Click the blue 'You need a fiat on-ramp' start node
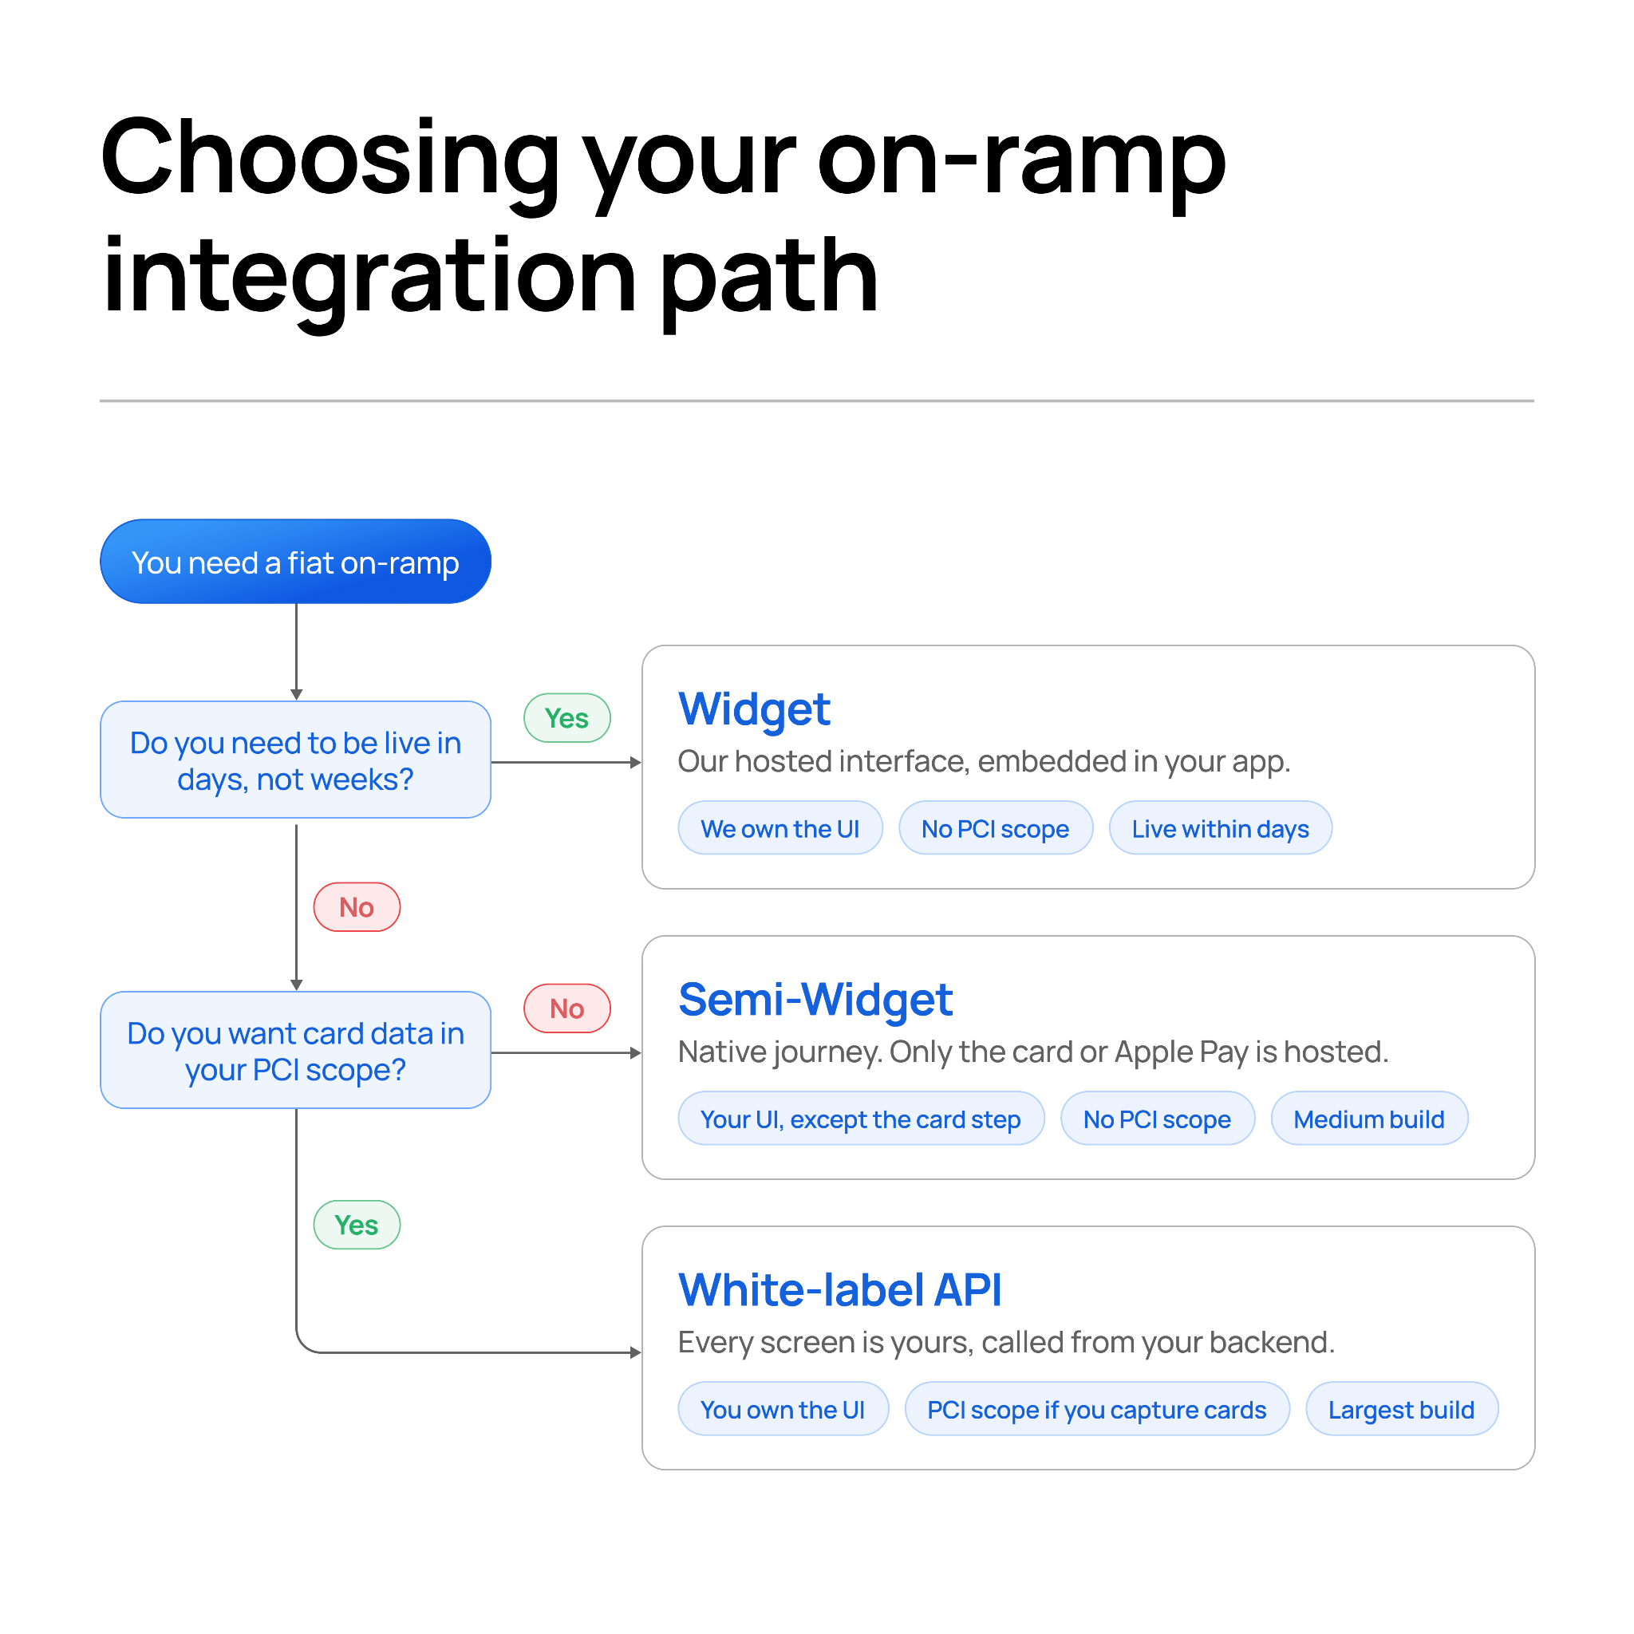[x=295, y=562]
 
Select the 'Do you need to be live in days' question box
[x=295, y=760]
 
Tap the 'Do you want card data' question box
[x=295, y=1050]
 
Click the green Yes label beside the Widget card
[x=566, y=718]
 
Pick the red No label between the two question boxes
[x=357, y=907]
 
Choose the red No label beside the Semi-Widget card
[x=566, y=1008]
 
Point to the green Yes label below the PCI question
[x=357, y=1225]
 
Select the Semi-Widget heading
[x=815, y=999]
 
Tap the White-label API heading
[x=840, y=1290]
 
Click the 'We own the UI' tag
[x=780, y=828]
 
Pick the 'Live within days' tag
[x=1221, y=828]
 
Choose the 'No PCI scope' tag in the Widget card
[x=996, y=828]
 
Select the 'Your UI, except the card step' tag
[x=861, y=1118]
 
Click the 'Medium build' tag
[x=1369, y=1118]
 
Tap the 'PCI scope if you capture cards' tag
[x=1097, y=1409]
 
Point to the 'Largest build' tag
[x=1401, y=1409]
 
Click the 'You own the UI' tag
[x=783, y=1409]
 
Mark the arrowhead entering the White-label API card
[x=636, y=1352]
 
